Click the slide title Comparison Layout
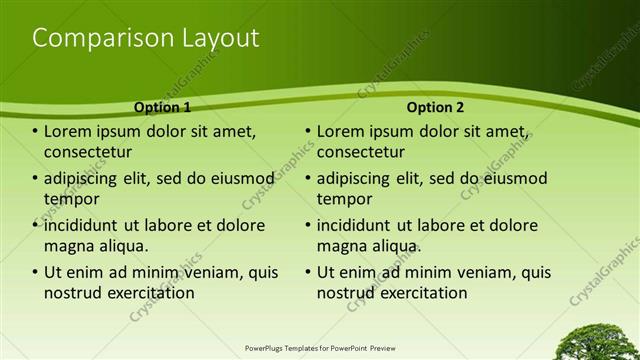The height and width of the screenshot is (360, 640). (x=146, y=39)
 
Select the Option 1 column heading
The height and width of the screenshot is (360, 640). (x=161, y=107)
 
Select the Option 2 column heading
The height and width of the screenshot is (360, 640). (x=434, y=107)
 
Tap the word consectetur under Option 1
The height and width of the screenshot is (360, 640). (x=88, y=153)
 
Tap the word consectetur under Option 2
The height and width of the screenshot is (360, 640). (x=361, y=153)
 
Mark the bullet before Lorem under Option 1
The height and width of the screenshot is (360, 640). (x=36, y=132)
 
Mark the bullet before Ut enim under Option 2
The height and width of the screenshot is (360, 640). (x=309, y=272)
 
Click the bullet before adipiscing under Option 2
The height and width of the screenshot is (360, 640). (x=309, y=179)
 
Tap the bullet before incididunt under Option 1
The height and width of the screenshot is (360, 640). (x=36, y=225)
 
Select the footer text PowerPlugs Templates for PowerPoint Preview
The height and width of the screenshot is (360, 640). (x=320, y=349)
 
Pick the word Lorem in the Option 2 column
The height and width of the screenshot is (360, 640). (x=342, y=132)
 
